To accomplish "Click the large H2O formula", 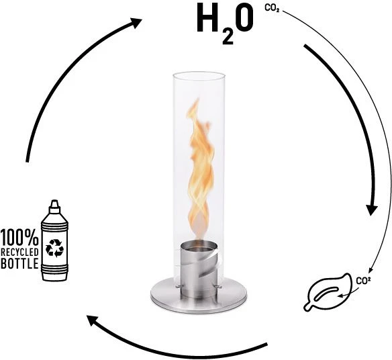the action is [225, 24].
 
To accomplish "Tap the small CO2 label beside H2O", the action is [272, 9].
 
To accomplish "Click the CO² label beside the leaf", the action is [363, 281].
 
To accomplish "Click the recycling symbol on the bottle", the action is [54, 248].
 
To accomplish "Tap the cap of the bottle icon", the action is [55, 206].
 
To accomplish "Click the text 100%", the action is [19, 237].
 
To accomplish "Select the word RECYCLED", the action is [19, 252].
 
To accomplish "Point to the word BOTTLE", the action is [19, 264].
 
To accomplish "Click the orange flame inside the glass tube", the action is [200, 170].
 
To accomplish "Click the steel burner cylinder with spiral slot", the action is [199, 270].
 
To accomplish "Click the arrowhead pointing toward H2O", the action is [136, 23].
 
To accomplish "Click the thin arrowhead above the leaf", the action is [371, 271].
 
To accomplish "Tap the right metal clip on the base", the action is [217, 286].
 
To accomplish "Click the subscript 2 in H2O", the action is [228, 38].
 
